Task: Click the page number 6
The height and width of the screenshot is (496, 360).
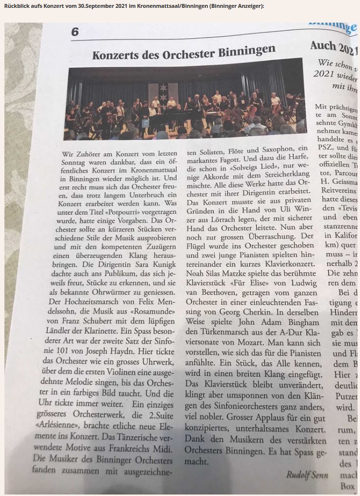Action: [75, 31]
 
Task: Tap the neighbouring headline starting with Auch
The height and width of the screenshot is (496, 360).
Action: [327, 47]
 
